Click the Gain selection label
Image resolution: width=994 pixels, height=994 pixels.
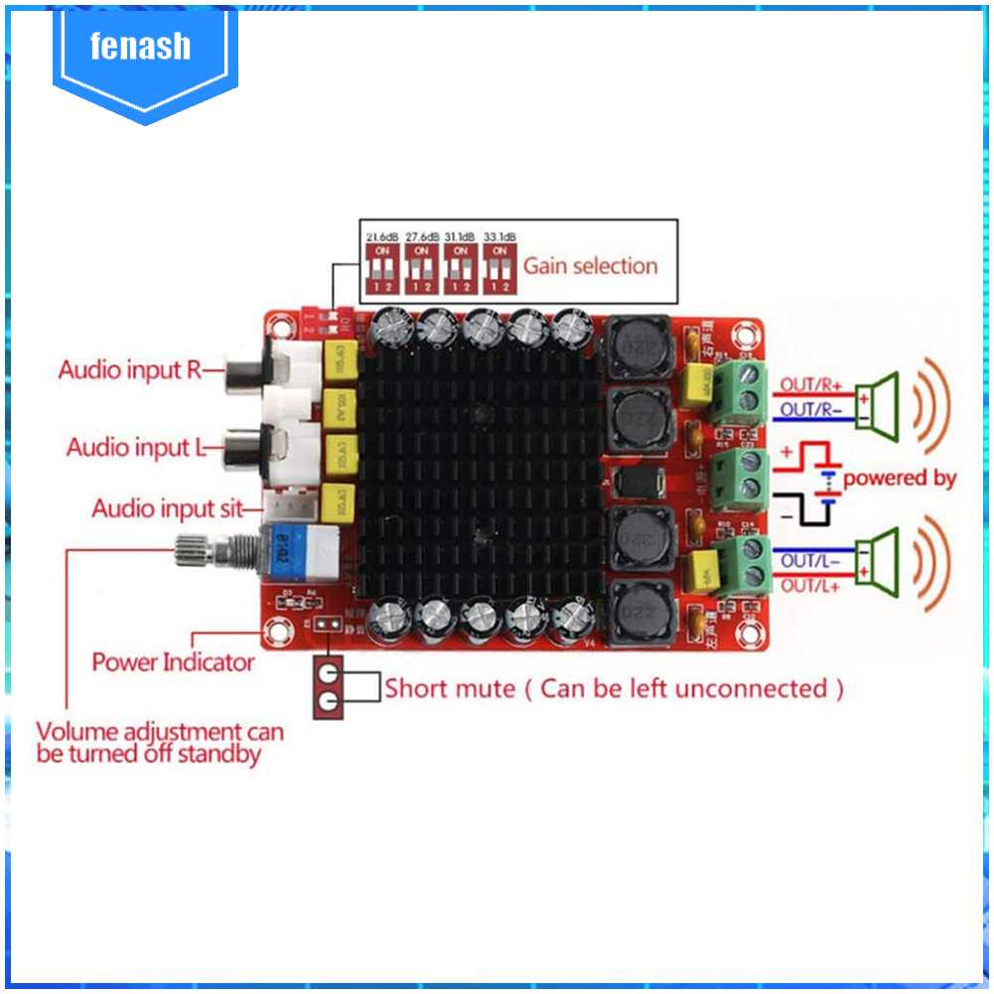[x=590, y=265]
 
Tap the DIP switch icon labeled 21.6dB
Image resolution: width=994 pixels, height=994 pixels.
[x=382, y=267]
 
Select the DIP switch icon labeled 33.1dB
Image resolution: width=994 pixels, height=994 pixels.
[x=499, y=267]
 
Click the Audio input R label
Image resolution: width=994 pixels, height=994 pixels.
[x=130, y=370]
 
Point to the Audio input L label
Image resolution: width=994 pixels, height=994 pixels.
[x=134, y=447]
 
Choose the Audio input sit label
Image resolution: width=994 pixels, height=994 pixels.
[x=167, y=509]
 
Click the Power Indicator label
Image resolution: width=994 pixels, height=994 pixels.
[x=174, y=660]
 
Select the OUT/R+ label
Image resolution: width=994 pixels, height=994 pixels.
[x=809, y=384]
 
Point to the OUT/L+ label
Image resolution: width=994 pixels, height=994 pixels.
[x=809, y=586]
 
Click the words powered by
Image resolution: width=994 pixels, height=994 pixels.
[x=900, y=478]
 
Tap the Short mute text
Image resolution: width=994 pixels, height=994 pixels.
[x=450, y=688]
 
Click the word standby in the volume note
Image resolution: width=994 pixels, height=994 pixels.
[x=218, y=755]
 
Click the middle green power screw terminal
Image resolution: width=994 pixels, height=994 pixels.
[x=744, y=477]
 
